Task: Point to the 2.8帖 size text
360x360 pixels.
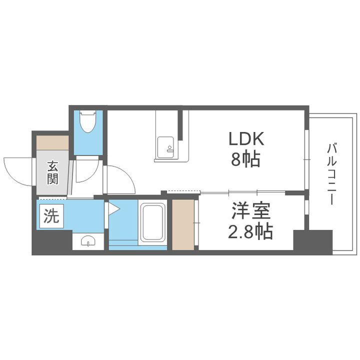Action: (x=250, y=231)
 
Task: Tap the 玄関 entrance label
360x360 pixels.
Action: (x=52, y=172)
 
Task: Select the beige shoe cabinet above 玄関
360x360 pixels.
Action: (x=52, y=143)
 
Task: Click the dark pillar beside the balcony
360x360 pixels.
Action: (x=312, y=242)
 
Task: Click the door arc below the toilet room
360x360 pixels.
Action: (x=85, y=172)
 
